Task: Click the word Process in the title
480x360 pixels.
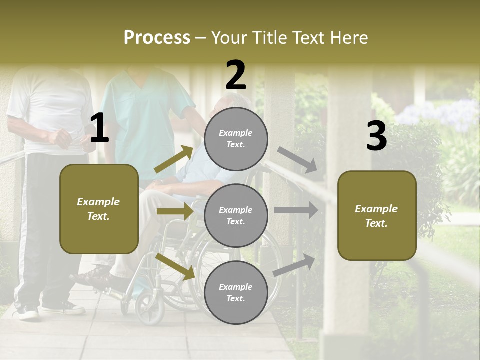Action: coord(157,38)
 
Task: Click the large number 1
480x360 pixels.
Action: coord(99,129)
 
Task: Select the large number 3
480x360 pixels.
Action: coord(376,136)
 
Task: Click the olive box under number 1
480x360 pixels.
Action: coord(99,209)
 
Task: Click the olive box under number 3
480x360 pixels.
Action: coord(377,215)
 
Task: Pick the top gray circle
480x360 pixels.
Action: coord(236,139)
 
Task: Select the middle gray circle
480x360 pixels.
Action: coord(236,215)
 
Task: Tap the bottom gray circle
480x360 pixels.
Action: coord(236,292)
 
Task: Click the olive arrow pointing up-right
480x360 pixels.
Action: coord(174,159)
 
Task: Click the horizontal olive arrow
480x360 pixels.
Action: coord(175,211)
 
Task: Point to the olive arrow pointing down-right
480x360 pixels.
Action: coord(175,266)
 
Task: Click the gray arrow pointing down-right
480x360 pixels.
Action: coord(298,159)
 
